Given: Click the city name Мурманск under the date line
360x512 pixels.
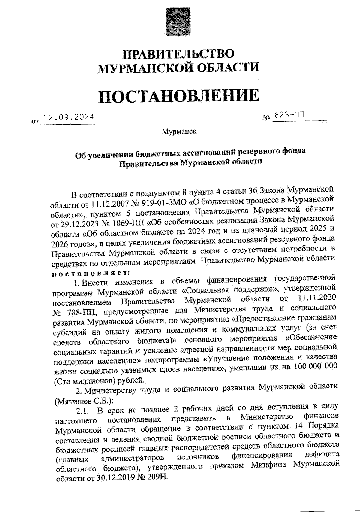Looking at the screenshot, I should (179, 131).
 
